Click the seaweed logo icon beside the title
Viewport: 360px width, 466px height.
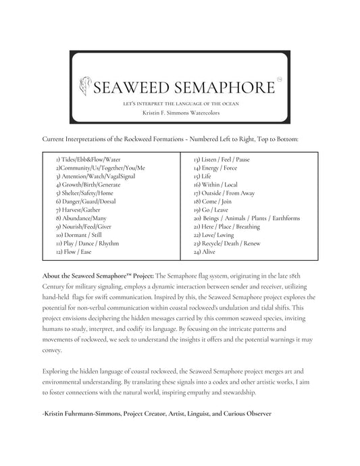click(86, 86)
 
